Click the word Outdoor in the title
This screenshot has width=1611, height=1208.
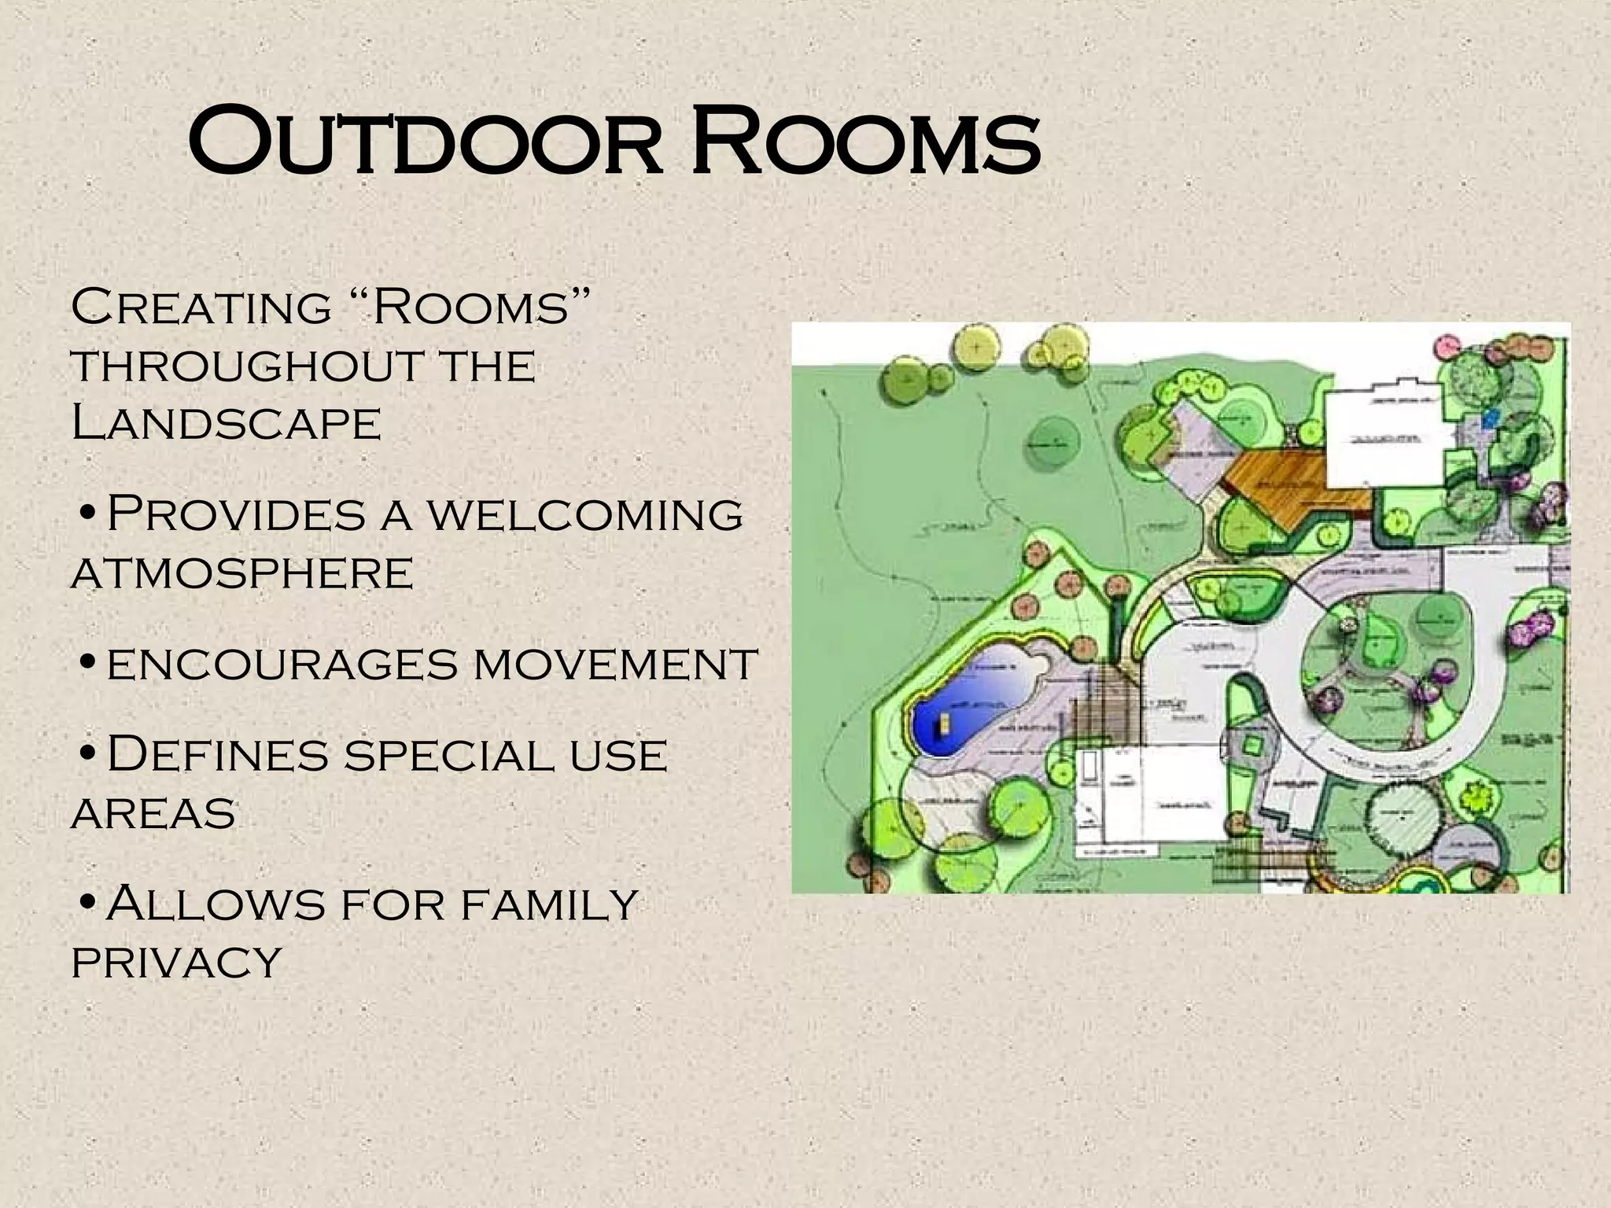pos(425,145)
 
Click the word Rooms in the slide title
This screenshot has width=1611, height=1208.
pos(865,145)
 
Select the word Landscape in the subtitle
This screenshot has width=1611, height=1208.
pos(226,423)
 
